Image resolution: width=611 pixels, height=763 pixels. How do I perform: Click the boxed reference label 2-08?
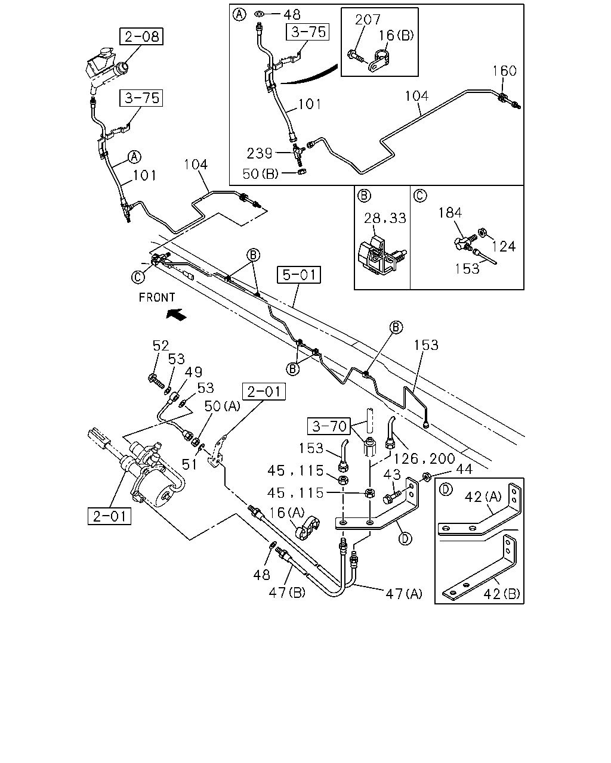(x=141, y=36)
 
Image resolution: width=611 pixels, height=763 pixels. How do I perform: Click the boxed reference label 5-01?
(x=298, y=275)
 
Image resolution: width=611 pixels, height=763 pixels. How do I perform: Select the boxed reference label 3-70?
(x=329, y=426)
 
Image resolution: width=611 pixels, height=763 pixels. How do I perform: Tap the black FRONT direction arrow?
(x=177, y=314)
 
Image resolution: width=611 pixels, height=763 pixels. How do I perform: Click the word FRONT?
(x=157, y=297)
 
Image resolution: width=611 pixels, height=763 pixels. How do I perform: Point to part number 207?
(x=368, y=20)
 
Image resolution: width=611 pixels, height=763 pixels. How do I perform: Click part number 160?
(x=504, y=71)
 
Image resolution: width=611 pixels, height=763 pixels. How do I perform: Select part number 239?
(x=260, y=153)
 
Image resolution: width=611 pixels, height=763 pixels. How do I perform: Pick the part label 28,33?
(x=385, y=218)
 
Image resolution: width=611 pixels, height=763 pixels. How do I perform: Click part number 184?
(x=450, y=213)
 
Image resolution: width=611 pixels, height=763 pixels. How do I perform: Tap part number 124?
(x=504, y=246)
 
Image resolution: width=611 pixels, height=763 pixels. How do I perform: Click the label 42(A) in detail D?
(x=483, y=497)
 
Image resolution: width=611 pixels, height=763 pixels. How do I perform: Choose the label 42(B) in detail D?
(x=502, y=594)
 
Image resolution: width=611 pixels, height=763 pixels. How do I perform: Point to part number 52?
(x=161, y=345)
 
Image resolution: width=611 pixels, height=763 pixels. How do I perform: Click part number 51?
(x=189, y=464)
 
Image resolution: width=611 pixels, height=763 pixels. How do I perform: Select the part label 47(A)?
(x=404, y=594)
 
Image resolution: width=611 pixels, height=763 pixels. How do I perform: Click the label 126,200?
(x=424, y=459)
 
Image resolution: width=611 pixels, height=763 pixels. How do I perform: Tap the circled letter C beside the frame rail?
(x=138, y=277)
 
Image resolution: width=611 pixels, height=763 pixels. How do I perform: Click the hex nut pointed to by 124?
(x=482, y=232)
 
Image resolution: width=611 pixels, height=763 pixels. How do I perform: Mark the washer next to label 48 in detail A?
(x=259, y=14)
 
